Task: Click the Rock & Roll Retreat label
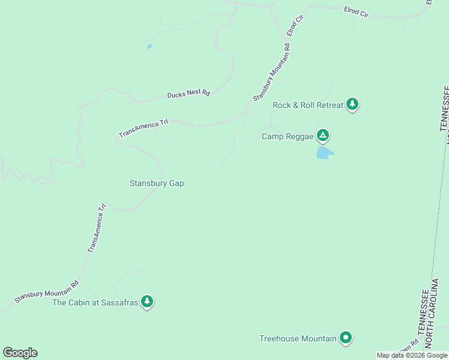(308, 105)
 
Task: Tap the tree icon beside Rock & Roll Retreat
(352, 104)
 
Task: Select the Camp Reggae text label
(288, 136)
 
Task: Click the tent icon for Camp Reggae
(323, 136)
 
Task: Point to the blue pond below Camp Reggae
(324, 153)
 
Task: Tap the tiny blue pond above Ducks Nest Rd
(149, 46)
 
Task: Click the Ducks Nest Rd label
(188, 94)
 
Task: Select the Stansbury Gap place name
(157, 183)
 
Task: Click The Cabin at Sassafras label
(95, 302)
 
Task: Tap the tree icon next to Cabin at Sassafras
(147, 301)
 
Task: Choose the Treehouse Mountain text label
(297, 338)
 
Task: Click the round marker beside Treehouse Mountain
(346, 338)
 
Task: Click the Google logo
(20, 353)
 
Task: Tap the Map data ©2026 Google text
(412, 355)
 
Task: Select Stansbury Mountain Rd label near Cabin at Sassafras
(47, 292)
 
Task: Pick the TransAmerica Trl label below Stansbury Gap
(97, 228)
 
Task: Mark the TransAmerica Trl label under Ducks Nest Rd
(143, 128)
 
